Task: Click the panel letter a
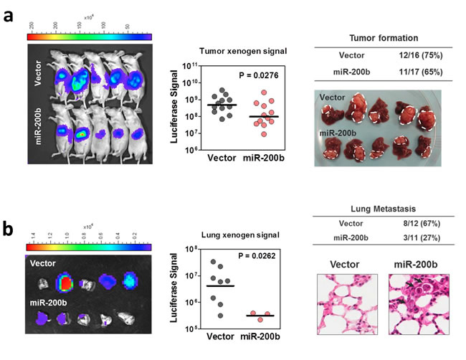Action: (11, 15)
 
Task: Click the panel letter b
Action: (11, 232)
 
